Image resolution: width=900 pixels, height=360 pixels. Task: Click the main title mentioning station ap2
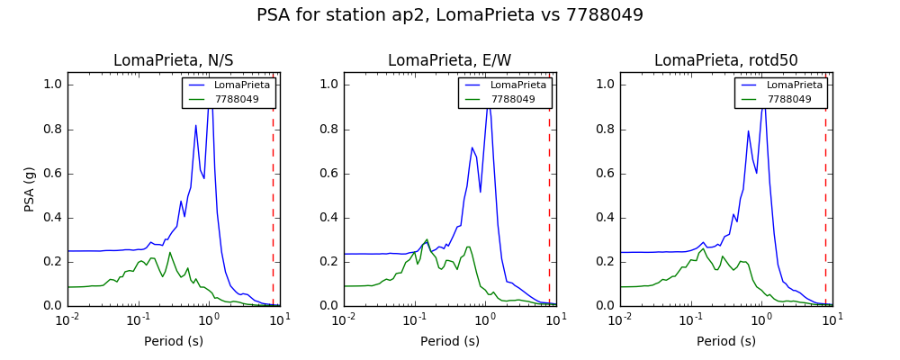coord(450,15)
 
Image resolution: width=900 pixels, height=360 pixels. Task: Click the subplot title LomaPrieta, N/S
coord(174,60)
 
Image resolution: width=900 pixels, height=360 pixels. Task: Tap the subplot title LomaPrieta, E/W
coord(449,60)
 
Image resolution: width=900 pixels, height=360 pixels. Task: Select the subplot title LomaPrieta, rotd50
coord(726,60)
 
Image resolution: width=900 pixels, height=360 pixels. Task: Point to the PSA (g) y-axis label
coord(30,190)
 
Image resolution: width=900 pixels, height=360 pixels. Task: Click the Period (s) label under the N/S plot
coord(174,341)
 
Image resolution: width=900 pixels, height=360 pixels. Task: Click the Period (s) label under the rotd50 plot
coord(726,341)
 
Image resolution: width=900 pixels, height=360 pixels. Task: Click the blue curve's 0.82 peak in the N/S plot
coord(195,125)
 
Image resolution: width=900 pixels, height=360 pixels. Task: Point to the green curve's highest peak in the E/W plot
coord(427,239)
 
